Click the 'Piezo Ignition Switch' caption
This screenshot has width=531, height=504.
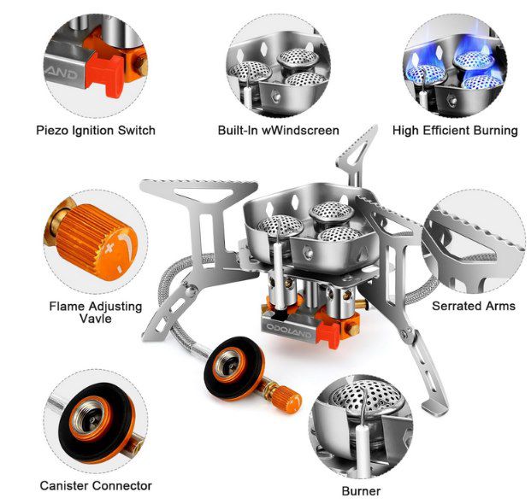(96, 131)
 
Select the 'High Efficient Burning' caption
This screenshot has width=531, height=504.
(455, 131)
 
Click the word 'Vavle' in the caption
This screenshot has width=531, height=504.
(96, 319)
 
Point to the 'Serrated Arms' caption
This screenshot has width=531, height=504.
(474, 306)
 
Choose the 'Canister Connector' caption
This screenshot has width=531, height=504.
(96, 486)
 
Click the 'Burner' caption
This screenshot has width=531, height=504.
(361, 491)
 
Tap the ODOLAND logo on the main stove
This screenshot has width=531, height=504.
(288, 331)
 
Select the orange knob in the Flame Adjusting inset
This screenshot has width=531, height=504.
(97, 243)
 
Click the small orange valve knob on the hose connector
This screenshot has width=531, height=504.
(288, 400)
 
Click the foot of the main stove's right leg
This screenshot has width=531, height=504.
(435, 408)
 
